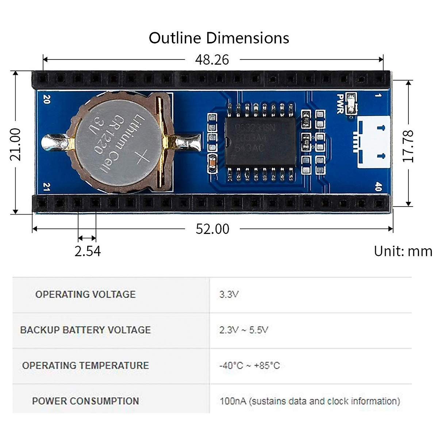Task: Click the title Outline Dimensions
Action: click(x=219, y=38)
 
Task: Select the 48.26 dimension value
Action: click(x=212, y=60)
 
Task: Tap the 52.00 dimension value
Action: click(x=212, y=229)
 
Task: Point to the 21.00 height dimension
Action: click(x=15, y=145)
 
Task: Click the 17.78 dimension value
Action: click(x=408, y=146)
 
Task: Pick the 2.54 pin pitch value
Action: click(x=88, y=251)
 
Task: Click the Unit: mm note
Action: click(x=403, y=251)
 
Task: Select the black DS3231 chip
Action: click(x=260, y=142)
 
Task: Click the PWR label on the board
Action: click(x=341, y=104)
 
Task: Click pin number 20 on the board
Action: click(x=47, y=99)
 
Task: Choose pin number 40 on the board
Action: click(x=378, y=187)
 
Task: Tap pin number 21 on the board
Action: click(x=47, y=187)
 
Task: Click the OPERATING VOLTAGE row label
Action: click(x=85, y=295)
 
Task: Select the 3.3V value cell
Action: click(x=229, y=295)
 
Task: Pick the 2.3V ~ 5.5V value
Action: click(x=243, y=330)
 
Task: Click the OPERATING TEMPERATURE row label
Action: click(x=85, y=366)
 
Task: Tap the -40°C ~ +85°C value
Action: click(x=249, y=366)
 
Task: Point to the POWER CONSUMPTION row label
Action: click(x=85, y=401)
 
